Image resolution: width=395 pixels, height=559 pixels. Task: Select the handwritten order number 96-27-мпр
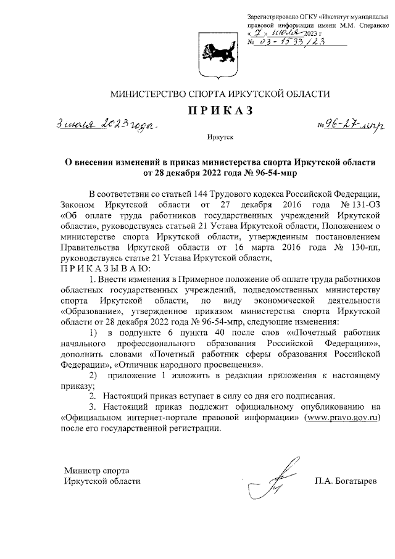[x=349, y=125]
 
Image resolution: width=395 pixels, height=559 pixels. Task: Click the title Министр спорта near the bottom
[x=95, y=470]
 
